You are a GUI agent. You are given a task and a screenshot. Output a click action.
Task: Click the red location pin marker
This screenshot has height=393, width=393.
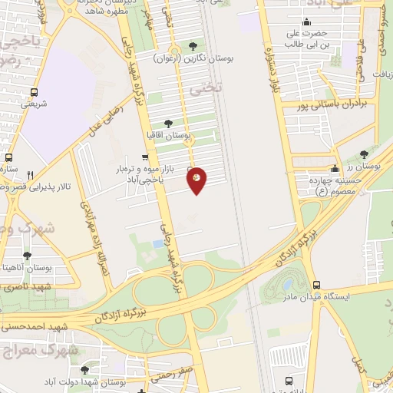(197, 180)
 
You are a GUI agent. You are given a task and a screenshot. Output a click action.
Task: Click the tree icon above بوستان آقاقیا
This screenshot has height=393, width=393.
(168, 122)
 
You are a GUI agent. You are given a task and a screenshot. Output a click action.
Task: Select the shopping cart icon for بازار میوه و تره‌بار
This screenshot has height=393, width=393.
(145, 158)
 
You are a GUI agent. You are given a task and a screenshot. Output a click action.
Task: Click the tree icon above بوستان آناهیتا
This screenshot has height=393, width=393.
(27, 256)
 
